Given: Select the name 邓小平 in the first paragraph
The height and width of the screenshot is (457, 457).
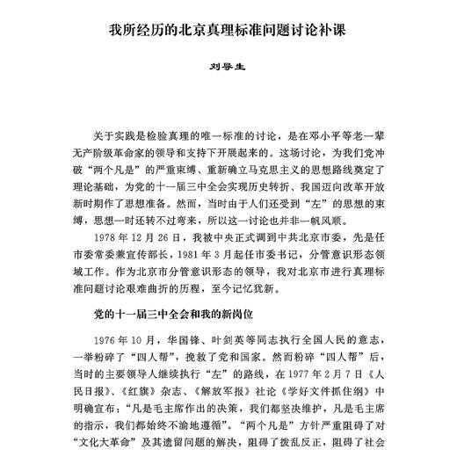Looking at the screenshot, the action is (361, 131).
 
